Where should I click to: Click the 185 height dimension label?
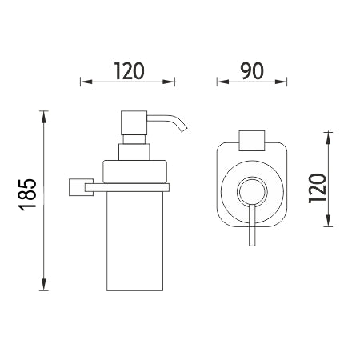coord(27,194)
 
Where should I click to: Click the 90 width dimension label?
coord(252,71)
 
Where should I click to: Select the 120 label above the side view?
coord(130,71)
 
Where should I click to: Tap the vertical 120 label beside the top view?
coord(318,188)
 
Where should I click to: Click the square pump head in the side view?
coord(134,123)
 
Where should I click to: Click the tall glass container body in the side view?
coord(134,241)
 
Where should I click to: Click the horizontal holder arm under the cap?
coord(127,187)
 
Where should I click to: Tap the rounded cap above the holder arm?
coord(134,171)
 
